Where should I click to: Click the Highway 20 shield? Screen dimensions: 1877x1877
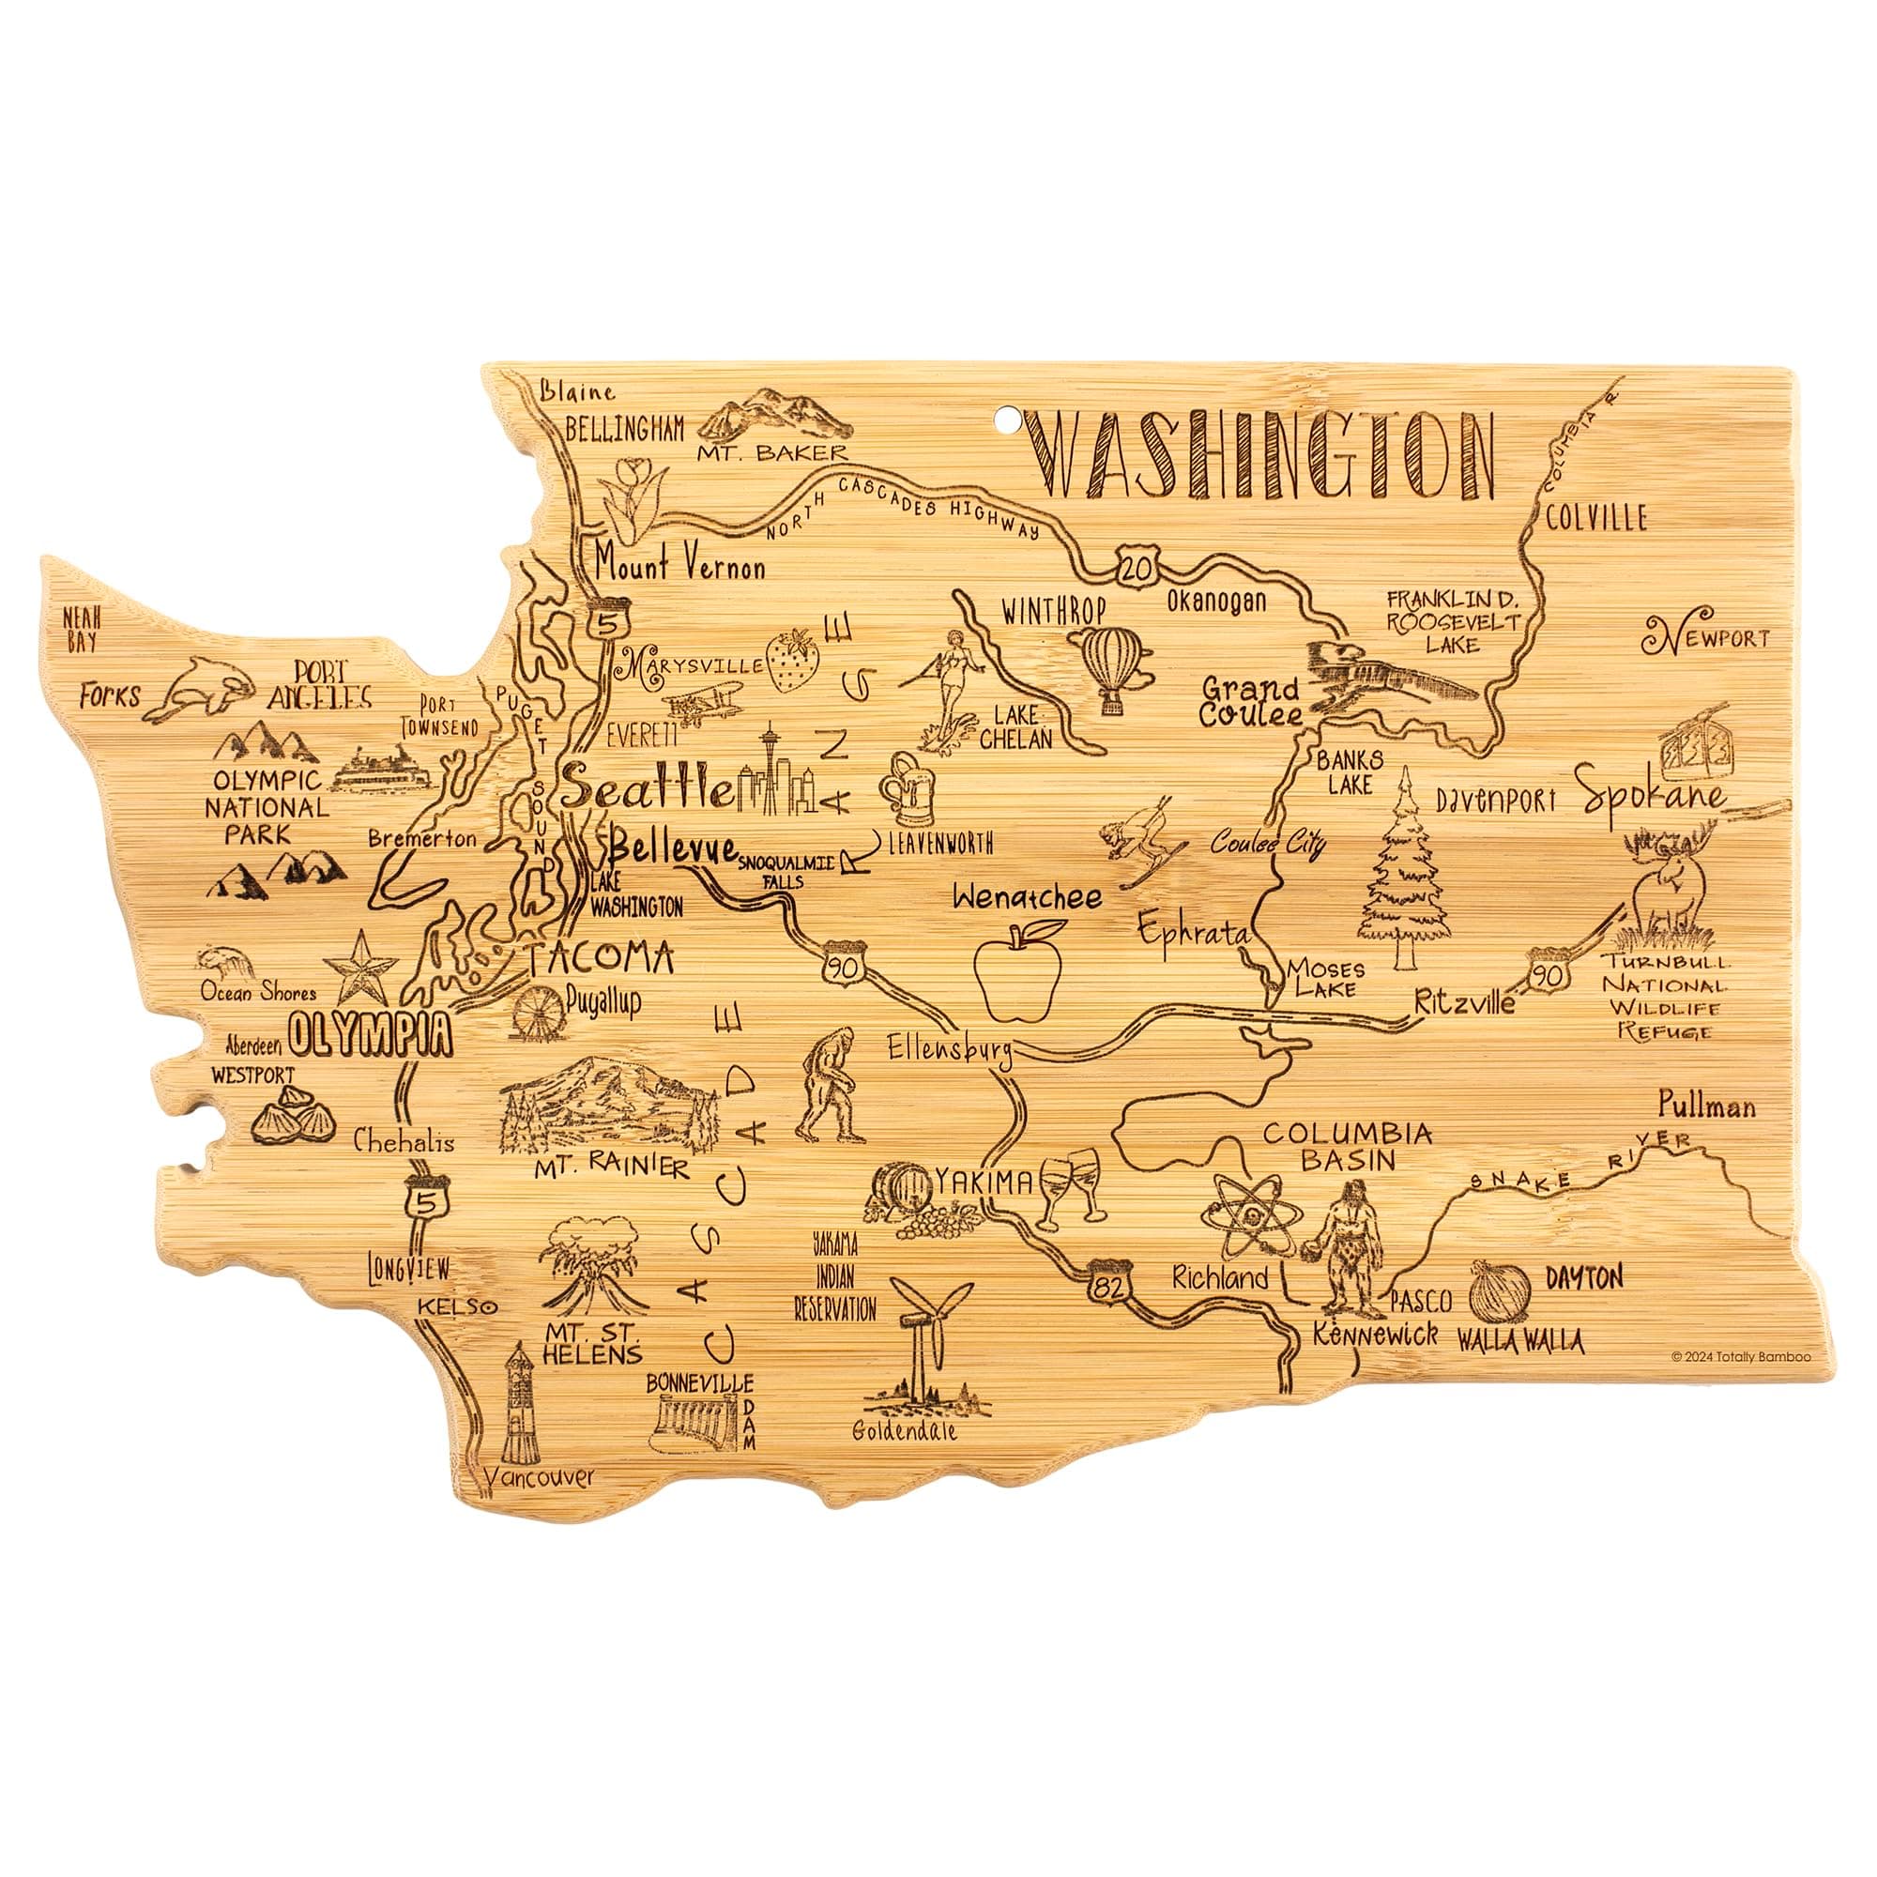click(x=1136, y=564)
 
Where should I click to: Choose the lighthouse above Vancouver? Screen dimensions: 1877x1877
click(x=520, y=1408)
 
